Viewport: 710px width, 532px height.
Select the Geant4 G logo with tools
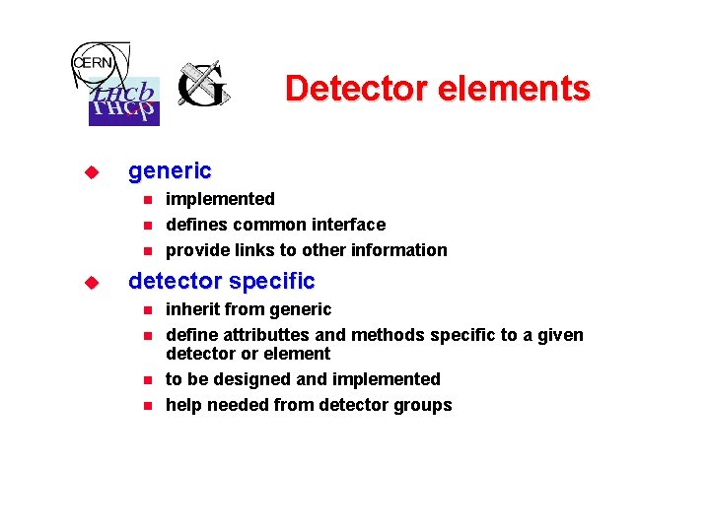(x=203, y=86)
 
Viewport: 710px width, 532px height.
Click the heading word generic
(x=170, y=170)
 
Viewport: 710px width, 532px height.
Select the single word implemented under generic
(x=220, y=199)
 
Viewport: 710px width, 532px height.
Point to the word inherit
(x=193, y=309)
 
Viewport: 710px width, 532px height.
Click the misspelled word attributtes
(x=264, y=335)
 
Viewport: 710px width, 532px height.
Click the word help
(x=183, y=405)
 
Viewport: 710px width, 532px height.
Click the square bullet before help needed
(x=147, y=406)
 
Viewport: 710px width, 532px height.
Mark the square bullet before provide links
(x=147, y=251)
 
